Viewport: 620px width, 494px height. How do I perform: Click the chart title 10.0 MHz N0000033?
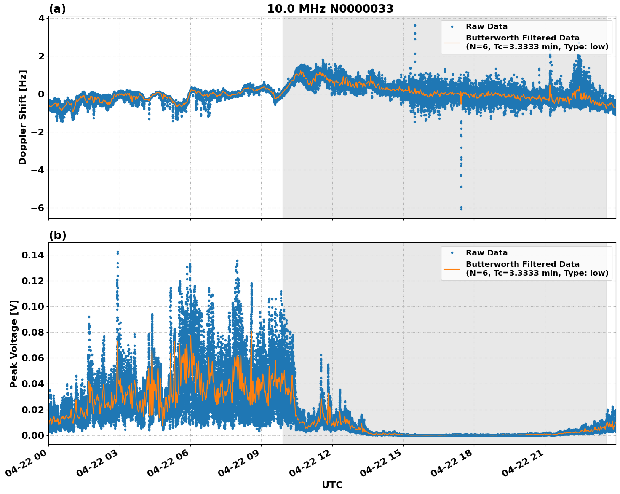330,9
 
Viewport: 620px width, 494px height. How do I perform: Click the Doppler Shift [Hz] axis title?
23,117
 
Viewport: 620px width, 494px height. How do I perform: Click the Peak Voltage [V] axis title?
14,344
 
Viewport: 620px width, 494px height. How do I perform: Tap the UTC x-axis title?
332,485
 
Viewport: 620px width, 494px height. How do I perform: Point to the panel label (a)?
57,9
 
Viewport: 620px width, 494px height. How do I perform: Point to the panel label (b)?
57,235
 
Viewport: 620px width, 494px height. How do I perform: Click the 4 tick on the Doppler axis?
41,18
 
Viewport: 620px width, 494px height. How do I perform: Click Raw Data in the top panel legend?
486,27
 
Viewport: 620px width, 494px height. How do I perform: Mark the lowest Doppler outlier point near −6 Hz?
461,209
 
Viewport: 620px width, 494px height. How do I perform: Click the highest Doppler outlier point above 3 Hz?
415,25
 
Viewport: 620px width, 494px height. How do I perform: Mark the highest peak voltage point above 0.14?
118,252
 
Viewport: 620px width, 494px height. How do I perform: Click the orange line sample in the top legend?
452,42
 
